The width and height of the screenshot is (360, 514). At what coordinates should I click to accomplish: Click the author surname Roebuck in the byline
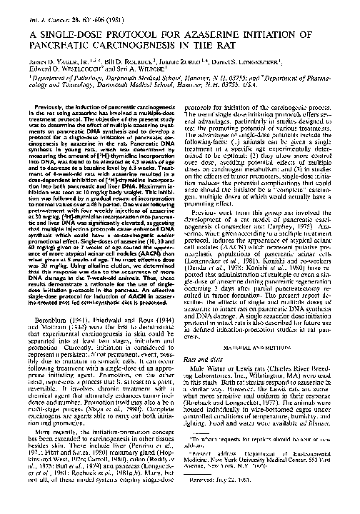click(x=136, y=65)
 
